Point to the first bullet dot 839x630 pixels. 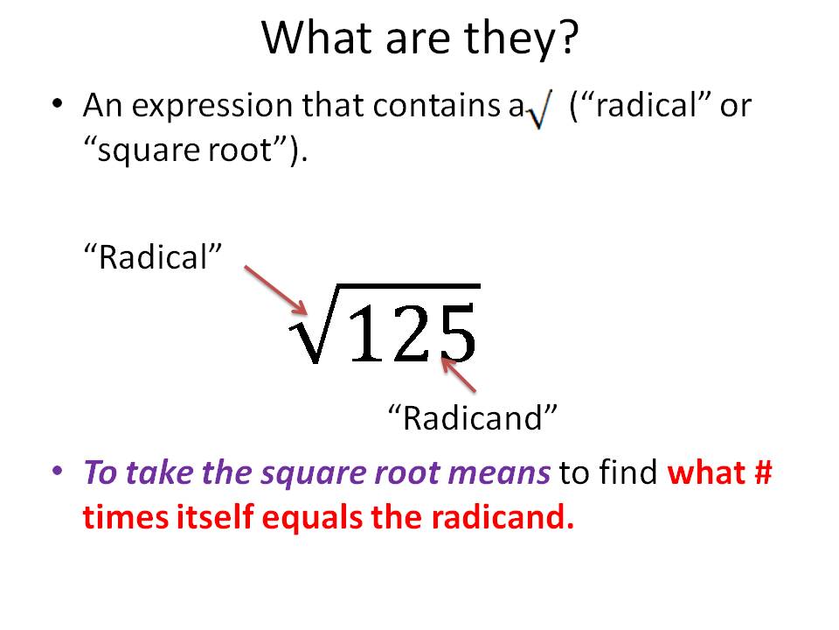pos(58,104)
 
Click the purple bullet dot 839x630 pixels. pos(58,470)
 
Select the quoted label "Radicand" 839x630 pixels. pos(472,417)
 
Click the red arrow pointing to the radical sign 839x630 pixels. pos(275,290)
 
